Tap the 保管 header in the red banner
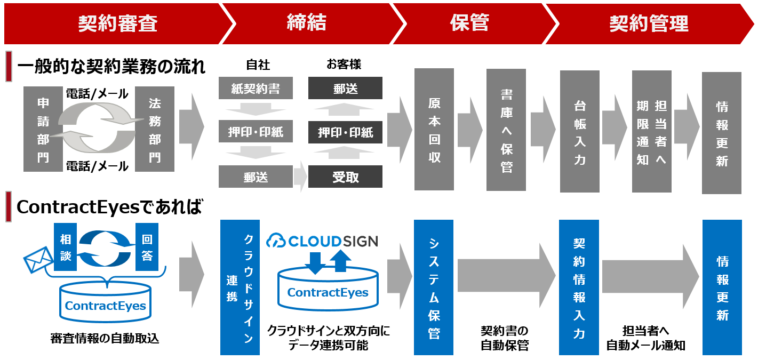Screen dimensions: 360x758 469,23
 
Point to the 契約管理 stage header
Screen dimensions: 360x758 649,23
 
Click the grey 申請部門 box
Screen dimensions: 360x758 43,129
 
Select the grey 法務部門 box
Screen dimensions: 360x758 155,129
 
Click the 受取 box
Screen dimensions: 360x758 345,177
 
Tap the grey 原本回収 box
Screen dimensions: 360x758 434,129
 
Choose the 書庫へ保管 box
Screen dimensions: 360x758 506,130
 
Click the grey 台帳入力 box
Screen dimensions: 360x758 580,131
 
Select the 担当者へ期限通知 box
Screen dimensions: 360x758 651,131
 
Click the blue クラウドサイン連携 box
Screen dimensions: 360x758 240,287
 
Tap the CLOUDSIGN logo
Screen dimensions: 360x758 322,241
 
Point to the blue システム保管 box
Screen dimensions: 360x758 434,287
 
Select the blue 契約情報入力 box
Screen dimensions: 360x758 579,287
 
